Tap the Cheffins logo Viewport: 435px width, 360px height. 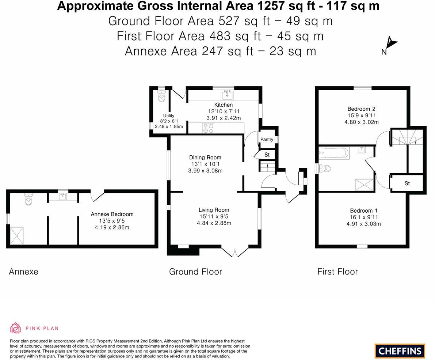click(400, 351)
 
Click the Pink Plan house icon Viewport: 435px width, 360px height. click(15, 328)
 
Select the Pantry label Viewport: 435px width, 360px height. click(267, 139)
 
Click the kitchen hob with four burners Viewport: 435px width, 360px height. click(208, 128)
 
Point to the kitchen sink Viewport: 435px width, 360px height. click(227, 95)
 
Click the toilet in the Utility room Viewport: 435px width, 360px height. click(161, 97)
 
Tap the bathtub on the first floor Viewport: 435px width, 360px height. click(334, 152)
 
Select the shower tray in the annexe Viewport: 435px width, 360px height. click(17, 235)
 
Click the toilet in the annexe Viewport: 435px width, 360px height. click(28, 199)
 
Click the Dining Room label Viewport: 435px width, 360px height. click(205, 158)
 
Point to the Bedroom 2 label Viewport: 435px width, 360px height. click(361, 109)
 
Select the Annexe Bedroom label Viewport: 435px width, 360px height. click(112, 214)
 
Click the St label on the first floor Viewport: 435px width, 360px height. click(407, 183)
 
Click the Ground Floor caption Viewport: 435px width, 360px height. click(195, 272)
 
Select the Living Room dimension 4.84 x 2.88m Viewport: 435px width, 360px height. click(214, 223)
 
